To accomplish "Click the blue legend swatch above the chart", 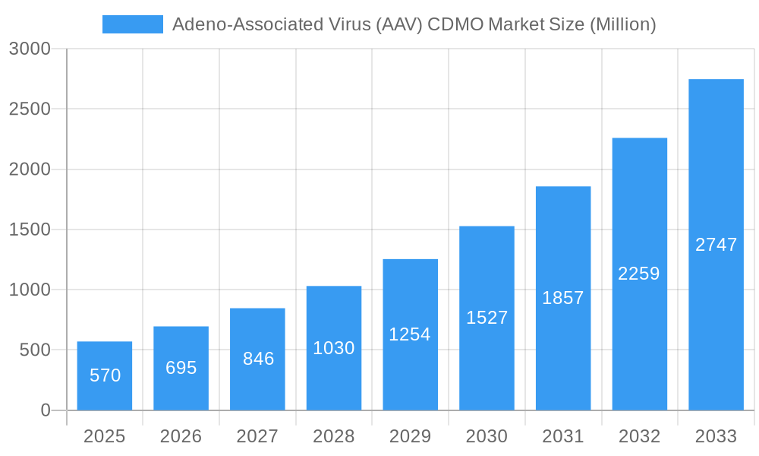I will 132,24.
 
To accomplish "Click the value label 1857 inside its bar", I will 563,298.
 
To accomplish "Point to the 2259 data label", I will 639,274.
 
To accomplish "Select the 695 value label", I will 181,368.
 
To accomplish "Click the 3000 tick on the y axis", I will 30,49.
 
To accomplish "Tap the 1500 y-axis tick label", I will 30,230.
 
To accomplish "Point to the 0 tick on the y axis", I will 45,410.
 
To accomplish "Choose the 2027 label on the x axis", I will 257,436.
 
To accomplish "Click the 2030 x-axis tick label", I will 487,436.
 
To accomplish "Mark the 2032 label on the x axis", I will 639,436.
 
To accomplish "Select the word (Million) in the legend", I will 622,24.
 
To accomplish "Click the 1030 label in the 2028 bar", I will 334,348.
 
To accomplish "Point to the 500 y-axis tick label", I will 34,350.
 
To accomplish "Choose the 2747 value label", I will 716,245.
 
